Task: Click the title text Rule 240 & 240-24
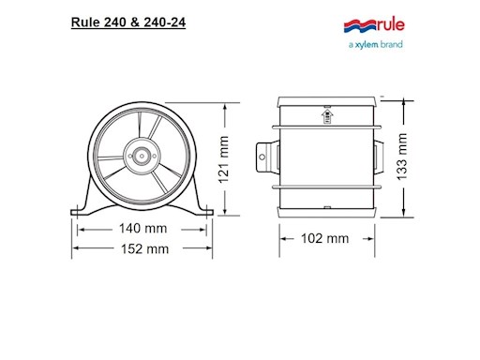click(127, 22)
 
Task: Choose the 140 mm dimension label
click(142, 227)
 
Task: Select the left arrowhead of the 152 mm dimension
click(77, 248)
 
